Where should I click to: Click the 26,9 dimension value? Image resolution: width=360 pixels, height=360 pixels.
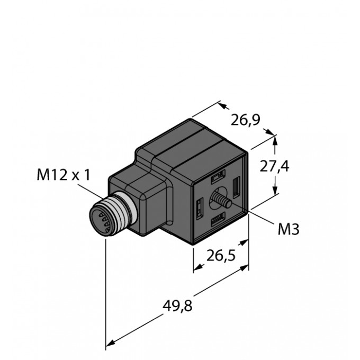(245, 120)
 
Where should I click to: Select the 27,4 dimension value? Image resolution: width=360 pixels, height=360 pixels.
(274, 166)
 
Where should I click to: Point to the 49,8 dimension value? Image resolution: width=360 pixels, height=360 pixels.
(177, 306)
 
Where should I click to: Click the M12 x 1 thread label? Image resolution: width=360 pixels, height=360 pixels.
(64, 175)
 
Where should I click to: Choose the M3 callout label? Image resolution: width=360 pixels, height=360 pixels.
(289, 229)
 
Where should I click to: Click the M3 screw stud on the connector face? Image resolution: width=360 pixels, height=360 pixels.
(222, 199)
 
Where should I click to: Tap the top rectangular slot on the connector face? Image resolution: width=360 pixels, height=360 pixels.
(218, 176)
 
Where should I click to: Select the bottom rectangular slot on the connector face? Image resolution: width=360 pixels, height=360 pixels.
(218, 220)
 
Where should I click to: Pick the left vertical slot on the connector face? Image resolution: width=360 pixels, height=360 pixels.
(200, 208)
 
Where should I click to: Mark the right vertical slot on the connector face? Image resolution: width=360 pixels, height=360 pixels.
(236, 187)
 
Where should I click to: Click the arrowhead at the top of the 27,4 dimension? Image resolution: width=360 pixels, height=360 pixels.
(275, 140)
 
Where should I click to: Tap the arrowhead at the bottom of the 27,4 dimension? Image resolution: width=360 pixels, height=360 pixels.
(275, 191)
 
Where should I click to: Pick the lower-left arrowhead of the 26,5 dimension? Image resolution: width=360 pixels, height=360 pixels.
(199, 267)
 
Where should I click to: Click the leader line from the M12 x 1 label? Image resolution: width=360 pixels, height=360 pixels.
(91, 191)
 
